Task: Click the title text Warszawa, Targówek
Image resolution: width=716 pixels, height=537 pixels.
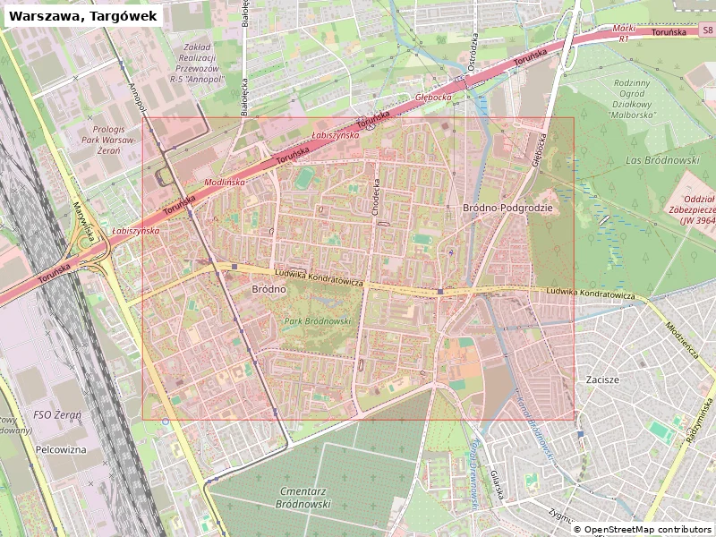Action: [x=82, y=15]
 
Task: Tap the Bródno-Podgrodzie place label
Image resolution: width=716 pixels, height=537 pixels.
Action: [x=507, y=208]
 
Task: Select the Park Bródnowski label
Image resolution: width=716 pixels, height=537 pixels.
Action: [x=318, y=320]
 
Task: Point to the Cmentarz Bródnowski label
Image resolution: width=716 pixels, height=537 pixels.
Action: [x=293, y=497]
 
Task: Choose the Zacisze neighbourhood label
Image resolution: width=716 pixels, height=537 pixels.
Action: [x=602, y=379]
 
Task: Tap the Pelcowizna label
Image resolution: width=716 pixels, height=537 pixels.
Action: [x=61, y=449]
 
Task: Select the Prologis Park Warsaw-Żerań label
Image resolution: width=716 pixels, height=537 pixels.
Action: [x=97, y=141]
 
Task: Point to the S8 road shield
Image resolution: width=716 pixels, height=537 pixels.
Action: [x=707, y=30]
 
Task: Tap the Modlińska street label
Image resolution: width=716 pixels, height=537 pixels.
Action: [x=225, y=182]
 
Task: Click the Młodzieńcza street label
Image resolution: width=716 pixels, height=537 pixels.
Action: [x=681, y=339]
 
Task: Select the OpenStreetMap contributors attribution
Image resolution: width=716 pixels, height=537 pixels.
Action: [x=643, y=530]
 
